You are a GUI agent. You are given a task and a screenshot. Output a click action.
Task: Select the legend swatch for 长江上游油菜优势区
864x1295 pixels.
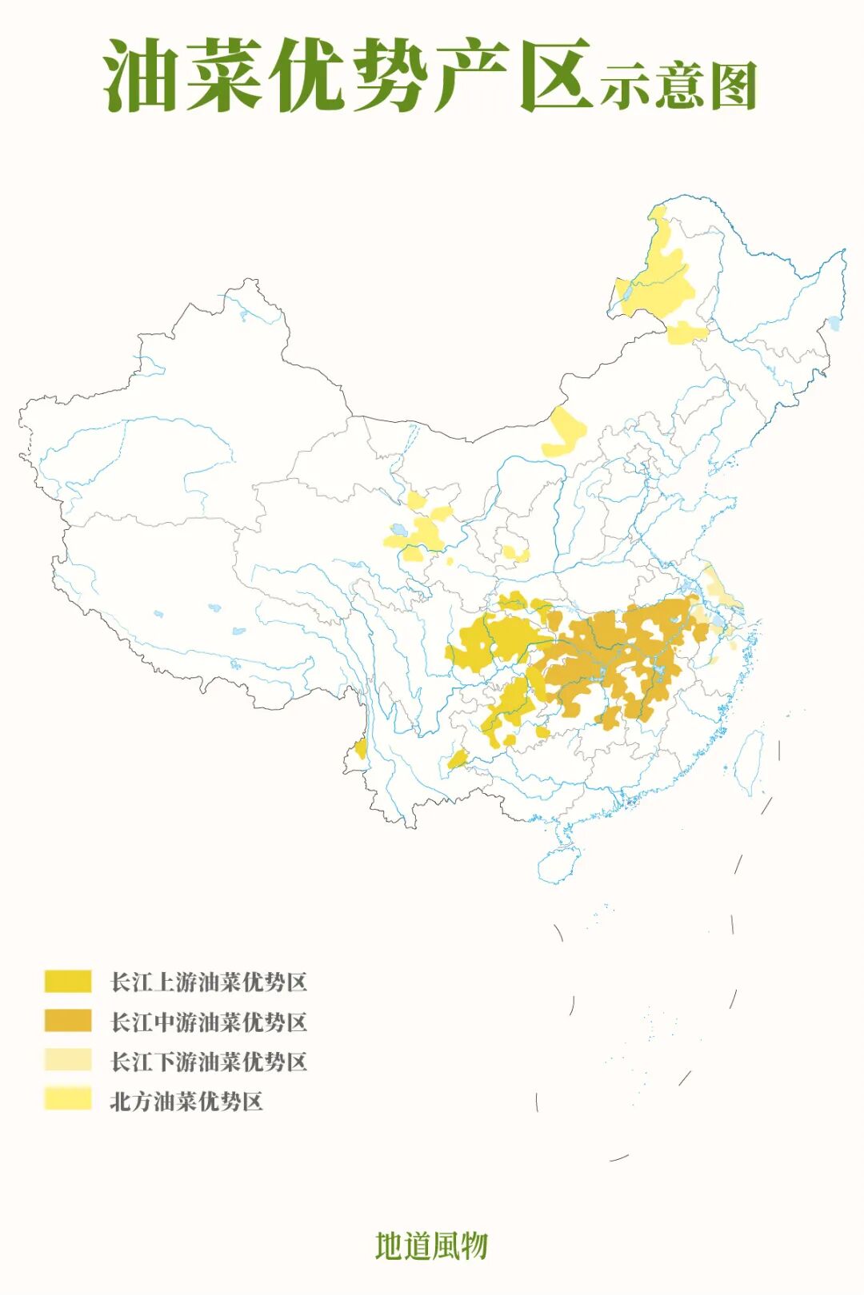click(x=68, y=981)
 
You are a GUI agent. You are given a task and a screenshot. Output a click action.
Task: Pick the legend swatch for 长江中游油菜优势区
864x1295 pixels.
click(x=68, y=1021)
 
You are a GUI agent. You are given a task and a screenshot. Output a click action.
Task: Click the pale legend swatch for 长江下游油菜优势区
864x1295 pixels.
click(x=68, y=1061)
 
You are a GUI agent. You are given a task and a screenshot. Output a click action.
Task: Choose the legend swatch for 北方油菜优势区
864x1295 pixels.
click(x=68, y=1100)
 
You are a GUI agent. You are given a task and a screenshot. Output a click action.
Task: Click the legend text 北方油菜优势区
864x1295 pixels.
click(x=186, y=1101)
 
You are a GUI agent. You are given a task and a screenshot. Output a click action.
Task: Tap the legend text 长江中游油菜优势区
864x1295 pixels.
click(x=209, y=1022)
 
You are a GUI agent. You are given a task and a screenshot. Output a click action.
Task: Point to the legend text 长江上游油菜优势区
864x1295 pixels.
click(x=209, y=982)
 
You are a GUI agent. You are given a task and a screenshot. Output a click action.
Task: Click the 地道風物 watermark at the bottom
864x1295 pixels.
click(x=431, y=1245)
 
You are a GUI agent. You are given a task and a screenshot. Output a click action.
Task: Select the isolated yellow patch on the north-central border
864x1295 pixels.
click(x=565, y=432)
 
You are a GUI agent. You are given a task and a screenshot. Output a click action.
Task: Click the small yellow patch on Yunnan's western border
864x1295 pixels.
click(x=362, y=749)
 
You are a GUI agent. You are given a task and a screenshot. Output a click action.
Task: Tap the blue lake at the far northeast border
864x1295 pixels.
click(x=834, y=324)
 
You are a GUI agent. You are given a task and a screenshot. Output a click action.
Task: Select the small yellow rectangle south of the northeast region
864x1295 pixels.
click(x=686, y=333)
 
